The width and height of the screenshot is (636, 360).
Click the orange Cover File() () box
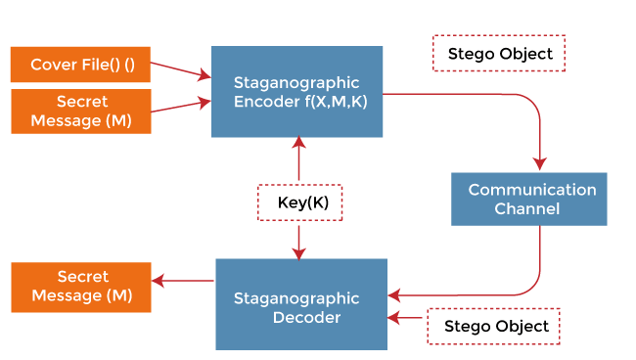click(80, 65)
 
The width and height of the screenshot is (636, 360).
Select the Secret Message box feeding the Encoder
click(80, 112)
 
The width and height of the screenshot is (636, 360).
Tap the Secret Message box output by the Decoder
click(80, 287)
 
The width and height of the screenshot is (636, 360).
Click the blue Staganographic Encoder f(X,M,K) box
click(297, 91)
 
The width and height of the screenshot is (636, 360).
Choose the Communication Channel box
click(528, 199)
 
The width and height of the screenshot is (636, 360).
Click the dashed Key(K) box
click(298, 202)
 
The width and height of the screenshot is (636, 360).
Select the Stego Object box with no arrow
click(499, 54)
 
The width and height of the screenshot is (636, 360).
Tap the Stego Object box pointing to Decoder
click(494, 326)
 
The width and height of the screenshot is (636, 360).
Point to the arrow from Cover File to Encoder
click(181, 69)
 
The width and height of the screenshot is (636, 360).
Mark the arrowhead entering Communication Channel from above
click(540, 162)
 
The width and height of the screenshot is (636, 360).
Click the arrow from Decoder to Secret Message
click(183, 282)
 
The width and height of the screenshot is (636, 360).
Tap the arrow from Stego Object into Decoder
click(406, 318)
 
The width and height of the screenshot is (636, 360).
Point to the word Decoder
click(296, 317)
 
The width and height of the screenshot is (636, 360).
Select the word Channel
click(528, 208)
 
